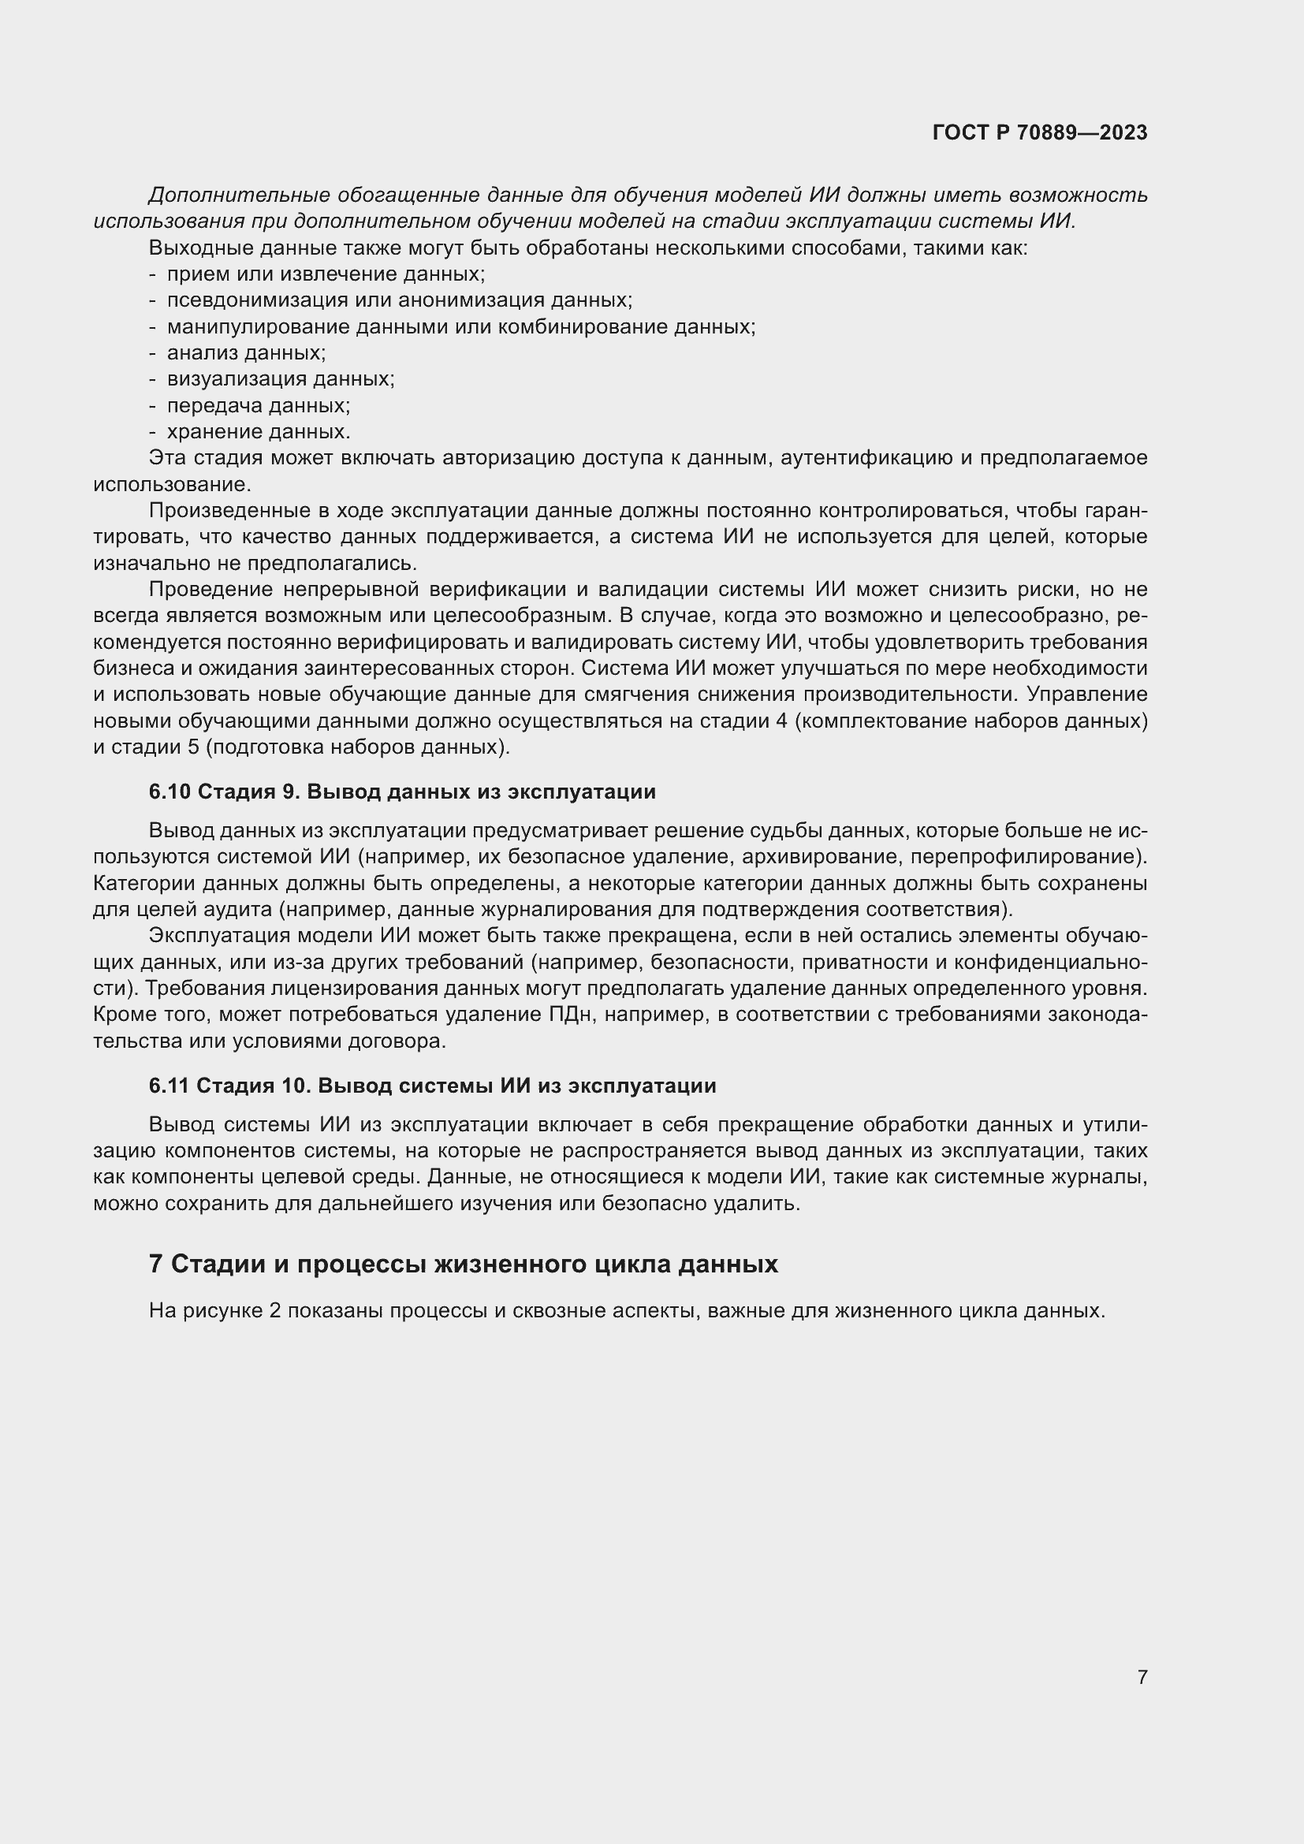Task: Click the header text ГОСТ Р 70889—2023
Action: click(1040, 132)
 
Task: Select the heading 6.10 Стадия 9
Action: click(401, 792)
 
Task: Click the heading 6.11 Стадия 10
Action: click(432, 1086)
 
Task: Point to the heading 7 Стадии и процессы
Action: click(464, 1264)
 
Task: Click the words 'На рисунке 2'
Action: click(214, 1311)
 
